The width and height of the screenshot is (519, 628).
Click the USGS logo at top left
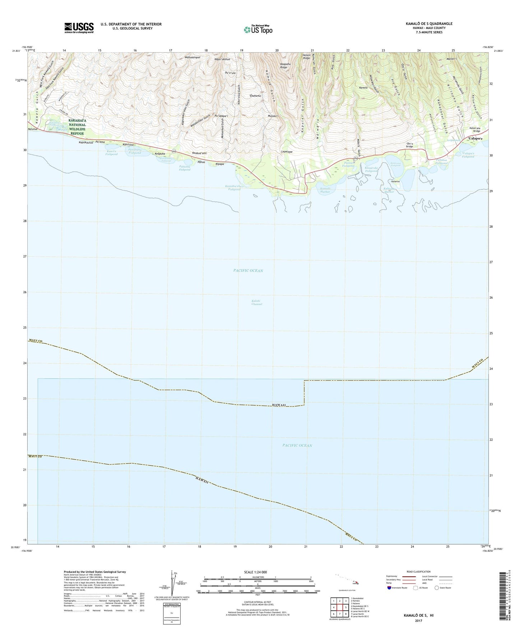coord(79,27)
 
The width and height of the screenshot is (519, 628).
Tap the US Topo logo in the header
coord(258,29)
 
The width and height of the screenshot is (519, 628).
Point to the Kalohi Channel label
coord(257,302)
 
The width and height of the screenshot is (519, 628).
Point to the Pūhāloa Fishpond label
coord(441,161)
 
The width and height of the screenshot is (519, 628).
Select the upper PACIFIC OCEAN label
coord(248,270)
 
